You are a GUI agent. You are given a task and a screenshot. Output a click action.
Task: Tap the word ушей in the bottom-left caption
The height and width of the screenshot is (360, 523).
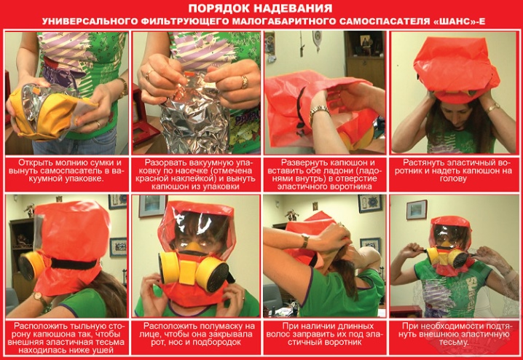104,351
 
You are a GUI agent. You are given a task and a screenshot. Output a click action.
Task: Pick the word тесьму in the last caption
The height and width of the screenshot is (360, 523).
454,343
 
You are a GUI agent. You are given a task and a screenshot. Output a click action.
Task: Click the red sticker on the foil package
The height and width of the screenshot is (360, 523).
189,74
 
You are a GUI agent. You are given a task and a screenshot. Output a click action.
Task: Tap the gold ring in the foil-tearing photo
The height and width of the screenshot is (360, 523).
245,82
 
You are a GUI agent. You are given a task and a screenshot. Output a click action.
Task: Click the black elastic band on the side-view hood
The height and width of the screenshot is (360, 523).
74,265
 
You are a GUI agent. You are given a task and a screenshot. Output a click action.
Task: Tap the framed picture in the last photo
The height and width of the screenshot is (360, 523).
417,210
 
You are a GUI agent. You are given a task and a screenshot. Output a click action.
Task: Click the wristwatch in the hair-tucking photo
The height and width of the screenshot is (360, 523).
304,241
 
